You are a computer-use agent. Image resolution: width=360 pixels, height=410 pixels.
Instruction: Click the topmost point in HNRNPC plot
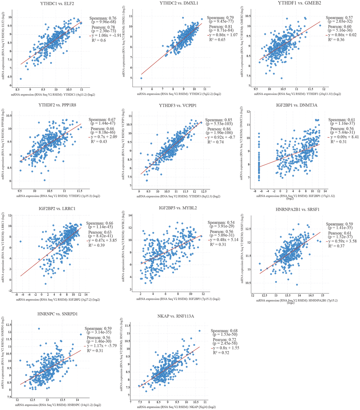39,329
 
